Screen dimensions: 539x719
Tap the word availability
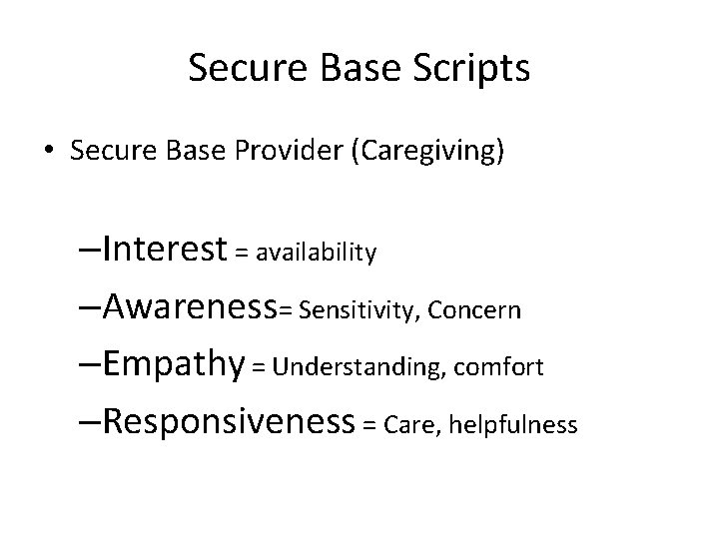(316, 254)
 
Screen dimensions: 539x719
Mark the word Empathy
(173, 365)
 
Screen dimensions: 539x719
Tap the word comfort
(499, 368)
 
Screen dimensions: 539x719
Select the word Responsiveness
(228, 422)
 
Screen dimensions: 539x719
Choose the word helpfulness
(513, 426)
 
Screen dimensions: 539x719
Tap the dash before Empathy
(88, 365)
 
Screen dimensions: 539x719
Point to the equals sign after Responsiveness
(368, 426)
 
